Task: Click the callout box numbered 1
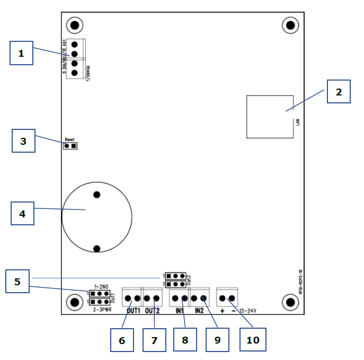[21, 53]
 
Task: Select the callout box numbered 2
[339, 92]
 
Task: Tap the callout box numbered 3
[23, 142]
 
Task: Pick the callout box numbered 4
[22, 214]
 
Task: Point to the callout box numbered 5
[17, 281]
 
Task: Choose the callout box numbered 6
[122, 340]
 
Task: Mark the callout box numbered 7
[154, 340]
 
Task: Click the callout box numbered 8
[185, 339]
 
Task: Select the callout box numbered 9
[217, 340]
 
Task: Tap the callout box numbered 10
[253, 340]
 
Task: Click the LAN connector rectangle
[270, 117]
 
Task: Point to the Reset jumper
[70, 145]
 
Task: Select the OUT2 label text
[152, 311]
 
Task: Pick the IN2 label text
[200, 311]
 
